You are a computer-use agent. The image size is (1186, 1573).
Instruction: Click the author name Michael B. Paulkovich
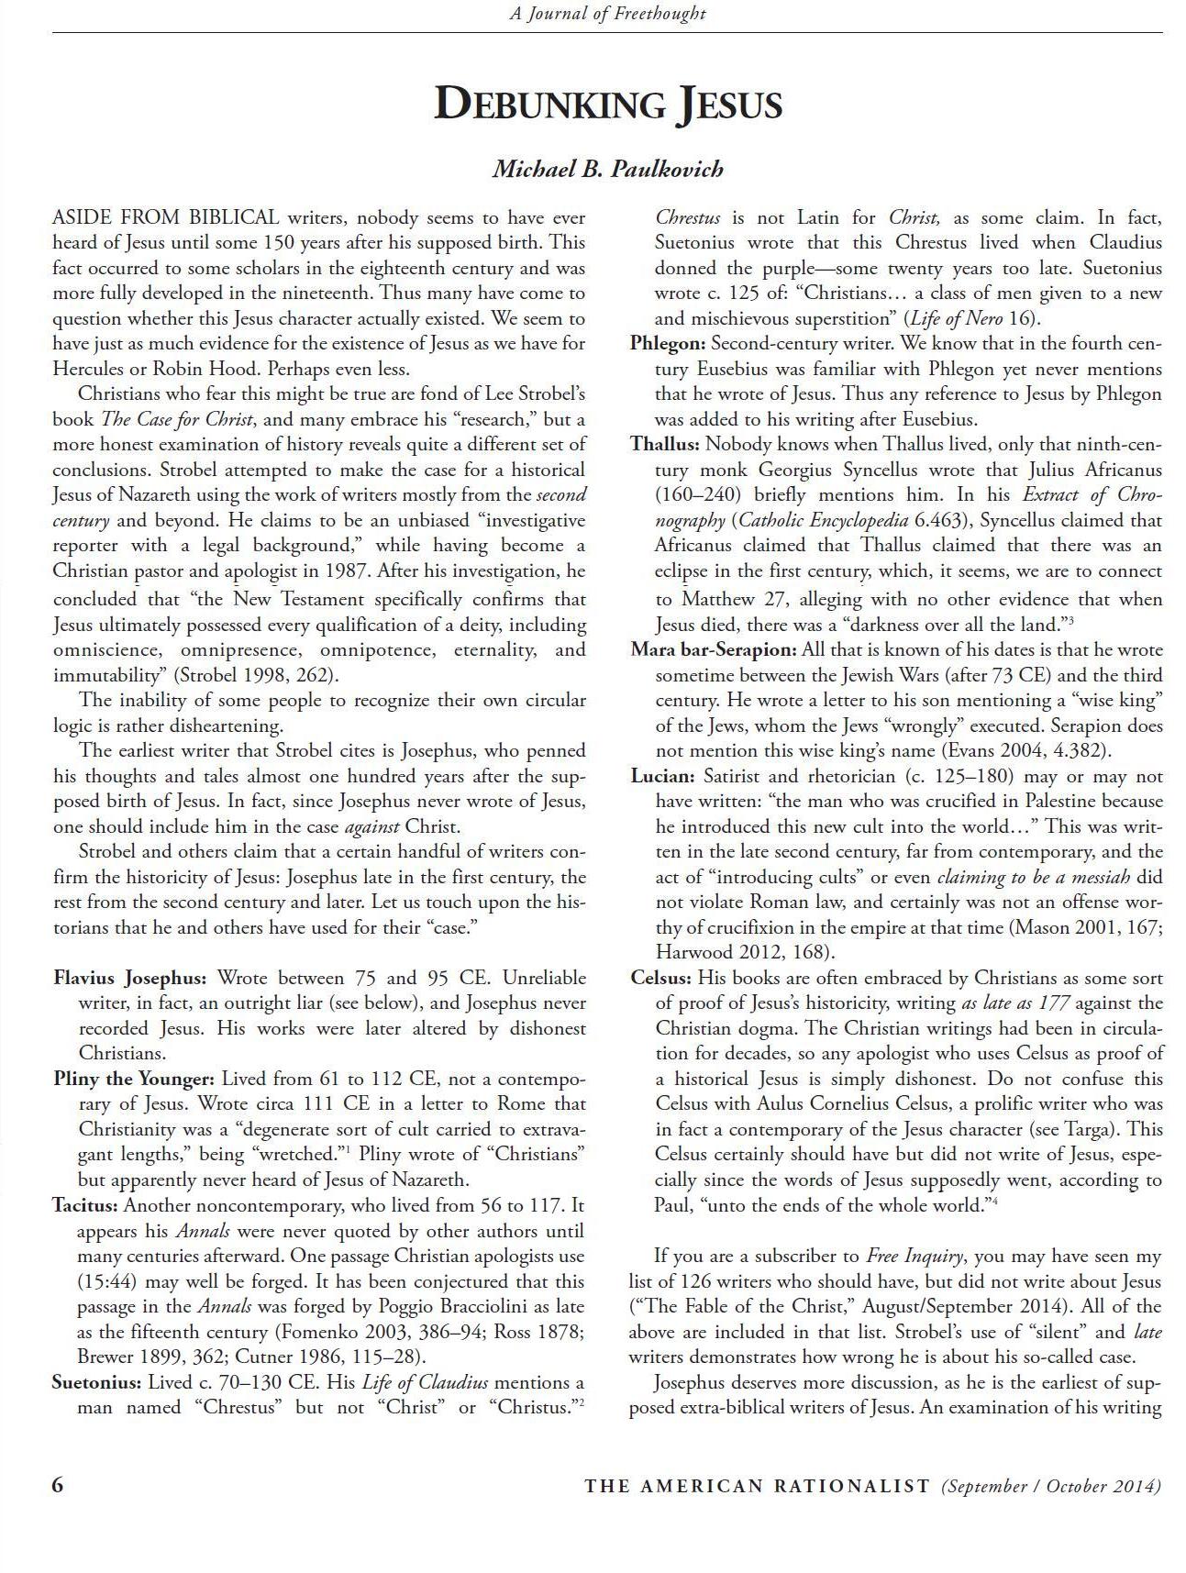pos(607,169)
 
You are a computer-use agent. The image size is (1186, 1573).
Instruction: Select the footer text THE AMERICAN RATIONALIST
pos(757,1486)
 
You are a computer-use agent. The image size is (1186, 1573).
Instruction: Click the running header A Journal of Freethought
pos(607,13)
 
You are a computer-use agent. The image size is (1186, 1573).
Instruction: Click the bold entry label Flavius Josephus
pos(130,978)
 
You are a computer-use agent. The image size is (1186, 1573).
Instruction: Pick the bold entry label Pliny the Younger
pos(134,1079)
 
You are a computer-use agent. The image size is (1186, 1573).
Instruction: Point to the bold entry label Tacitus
pos(85,1205)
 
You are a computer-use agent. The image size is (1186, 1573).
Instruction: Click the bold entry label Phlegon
pos(668,344)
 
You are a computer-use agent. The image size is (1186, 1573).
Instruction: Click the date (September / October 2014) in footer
pos(1051,1486)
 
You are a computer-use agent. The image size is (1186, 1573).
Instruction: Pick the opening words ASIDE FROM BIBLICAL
pos(166,218)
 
